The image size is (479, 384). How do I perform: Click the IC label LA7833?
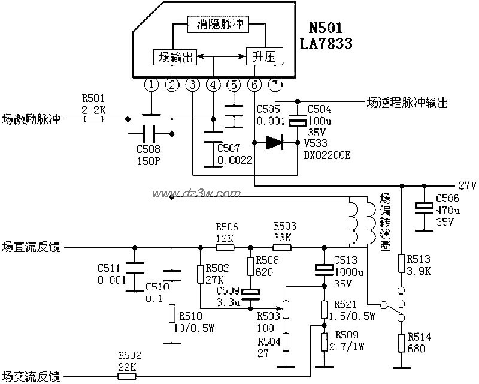pyautogui.click(x=327, y=44)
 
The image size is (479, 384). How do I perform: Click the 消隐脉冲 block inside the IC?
pyautogui.click(x=219, y=24)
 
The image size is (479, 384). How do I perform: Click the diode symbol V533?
pyautogui.click(x=274, y=142)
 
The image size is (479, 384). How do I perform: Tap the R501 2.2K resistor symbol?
pyautogui.click(x=93, y=119)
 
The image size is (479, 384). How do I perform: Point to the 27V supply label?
pyautogui.click(x=467, y=185)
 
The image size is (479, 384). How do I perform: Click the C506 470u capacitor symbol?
pyautogui.click(x=425, y=207)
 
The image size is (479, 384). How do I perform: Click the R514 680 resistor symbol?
pyautogui.click(x=402, y=343)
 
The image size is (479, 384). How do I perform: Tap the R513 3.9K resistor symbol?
pyautogui.click(x=402, y=263)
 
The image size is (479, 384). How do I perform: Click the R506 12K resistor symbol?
pyautogui.click(x=225, y=247)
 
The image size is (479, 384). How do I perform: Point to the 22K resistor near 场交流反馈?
pyautogui.click(x=128, y=376)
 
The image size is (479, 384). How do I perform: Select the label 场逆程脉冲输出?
pyautogui.click(x=407, y=103)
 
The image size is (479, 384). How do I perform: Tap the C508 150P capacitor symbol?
pyautogui.click(x=150, y=134)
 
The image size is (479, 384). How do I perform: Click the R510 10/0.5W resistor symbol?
pyautogui.click(x=172, y=313)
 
